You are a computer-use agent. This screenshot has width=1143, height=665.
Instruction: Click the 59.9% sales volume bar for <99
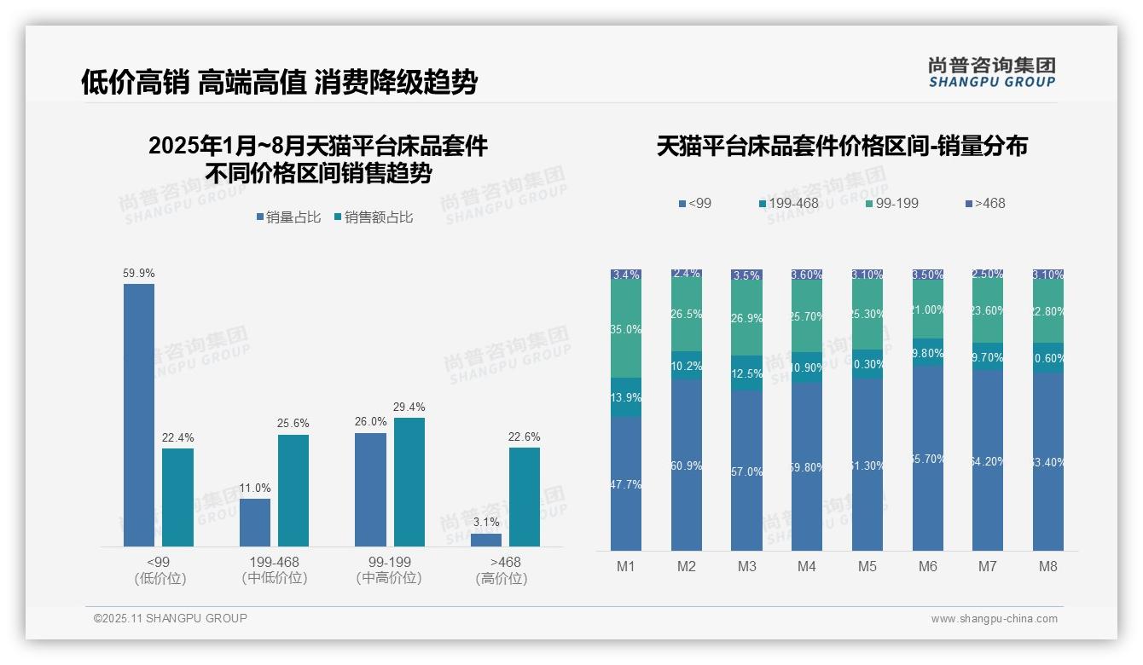pos(139,415)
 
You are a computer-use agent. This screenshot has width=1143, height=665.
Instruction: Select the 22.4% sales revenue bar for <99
pos(177,497)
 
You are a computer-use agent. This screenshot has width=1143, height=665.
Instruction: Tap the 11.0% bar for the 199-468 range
pos(255,522)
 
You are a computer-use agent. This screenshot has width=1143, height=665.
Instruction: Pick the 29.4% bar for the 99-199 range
pos(409,482)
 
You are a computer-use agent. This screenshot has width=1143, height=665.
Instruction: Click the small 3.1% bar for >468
pos(486,540)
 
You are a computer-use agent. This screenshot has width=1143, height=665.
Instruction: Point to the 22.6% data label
pos(525,437)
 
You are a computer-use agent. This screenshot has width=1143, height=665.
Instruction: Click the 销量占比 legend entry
pos(288,217)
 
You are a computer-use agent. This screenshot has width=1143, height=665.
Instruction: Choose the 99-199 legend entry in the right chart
pos(893,203)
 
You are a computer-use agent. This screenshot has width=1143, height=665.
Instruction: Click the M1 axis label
pos(626,566)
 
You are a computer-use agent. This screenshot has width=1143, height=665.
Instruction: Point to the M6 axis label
pos(928,566)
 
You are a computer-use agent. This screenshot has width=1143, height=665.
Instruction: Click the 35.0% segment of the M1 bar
pos(626,329)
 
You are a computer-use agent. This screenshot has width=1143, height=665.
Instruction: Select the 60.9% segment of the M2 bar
pos(687,465)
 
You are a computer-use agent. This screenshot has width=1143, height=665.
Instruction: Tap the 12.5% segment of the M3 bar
pos(746,373)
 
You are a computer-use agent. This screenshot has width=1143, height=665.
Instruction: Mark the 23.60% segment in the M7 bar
pos(988,311)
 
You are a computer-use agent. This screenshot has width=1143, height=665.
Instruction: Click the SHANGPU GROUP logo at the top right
pos(991,72)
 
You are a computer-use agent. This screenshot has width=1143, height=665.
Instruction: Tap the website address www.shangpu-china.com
pos(994,619)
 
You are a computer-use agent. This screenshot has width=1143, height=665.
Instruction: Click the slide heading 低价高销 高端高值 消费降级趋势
pos(279,82)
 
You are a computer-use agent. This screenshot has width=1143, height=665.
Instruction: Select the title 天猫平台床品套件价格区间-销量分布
pos(842,146)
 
